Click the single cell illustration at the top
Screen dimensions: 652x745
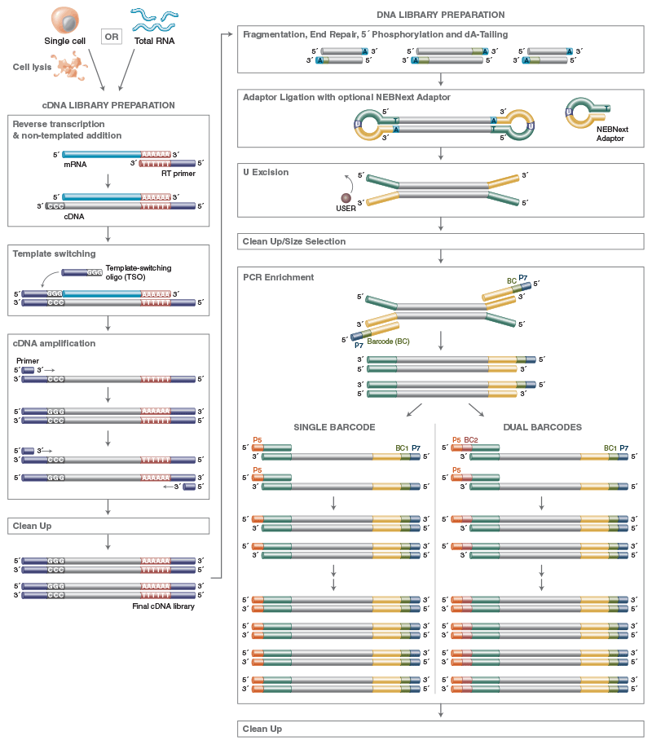pyautogui.click(x=65, y=20)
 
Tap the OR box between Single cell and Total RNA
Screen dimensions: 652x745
pyautogui.click(x=112, y=37)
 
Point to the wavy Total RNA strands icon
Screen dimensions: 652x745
pyautogui.click(x=155, y=20)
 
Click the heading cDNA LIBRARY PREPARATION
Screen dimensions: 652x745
pyautogui.click(x=108, y=105)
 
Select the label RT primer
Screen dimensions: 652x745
pyautogui.click(x=178, y=174)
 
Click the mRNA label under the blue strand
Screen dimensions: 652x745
pyautogui.click(x=75, y=165)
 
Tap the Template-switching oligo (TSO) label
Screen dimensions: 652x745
pyautogui.click(x=139, y=272)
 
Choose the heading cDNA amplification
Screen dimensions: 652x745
pyautogui.click(x=54, y=343)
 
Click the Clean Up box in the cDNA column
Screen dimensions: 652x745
pyautogui.click(x=108, y=526)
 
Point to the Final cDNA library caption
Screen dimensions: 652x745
pyautogui.click(x=164, y=606)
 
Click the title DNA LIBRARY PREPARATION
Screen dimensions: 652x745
pyautogui.click(x=441, y=15)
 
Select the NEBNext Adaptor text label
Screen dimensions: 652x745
pyautogui.click(x=612, y=134)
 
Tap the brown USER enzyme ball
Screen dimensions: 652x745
pyautogui.click(x=346, y=197)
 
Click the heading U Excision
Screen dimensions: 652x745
pyautogui.click(x=266, y=172)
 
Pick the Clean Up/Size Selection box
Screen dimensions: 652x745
pyautogui.click(x=441, y=241)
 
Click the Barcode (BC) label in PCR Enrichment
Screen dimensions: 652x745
pyautogui.click(x=388, y=342)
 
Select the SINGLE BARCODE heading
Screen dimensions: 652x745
pyautogui.click(x=334, y=427)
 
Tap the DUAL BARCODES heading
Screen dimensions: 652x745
pyautogui.click(x=542, y=427)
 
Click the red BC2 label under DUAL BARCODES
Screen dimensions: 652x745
pyautogui.click(x=471, y=440)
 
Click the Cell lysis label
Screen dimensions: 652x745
pyautogui.click(x=32, y=67)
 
